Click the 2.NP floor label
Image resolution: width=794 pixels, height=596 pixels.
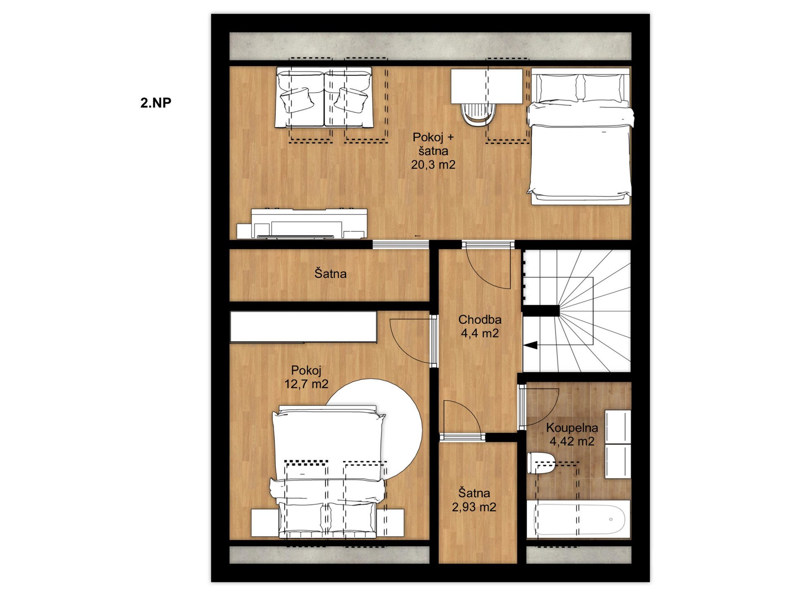tap(155, 103)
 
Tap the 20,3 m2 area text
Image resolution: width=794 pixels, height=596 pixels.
tap(433, 165)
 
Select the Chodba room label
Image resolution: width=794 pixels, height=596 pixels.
tap(480, 320)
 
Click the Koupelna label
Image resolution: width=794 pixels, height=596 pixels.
tap(572, 428)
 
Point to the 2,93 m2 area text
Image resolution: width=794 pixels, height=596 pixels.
tap(474, 507)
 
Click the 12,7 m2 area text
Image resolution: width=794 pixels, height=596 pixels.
tap(306, 384)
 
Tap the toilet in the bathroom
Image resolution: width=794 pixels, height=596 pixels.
tap(541, 463)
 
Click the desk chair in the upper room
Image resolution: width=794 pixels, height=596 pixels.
tap(478, 114)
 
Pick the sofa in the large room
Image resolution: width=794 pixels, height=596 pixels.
tap(324, 98)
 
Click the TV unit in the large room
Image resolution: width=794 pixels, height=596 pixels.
tap(302, 224)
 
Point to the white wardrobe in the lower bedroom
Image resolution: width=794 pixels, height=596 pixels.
tap(303, 327)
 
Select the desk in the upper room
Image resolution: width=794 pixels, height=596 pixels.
tap(486, 86)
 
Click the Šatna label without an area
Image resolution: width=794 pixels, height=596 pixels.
tap(330, 274)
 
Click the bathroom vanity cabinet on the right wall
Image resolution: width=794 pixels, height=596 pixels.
tap(618, 445)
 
